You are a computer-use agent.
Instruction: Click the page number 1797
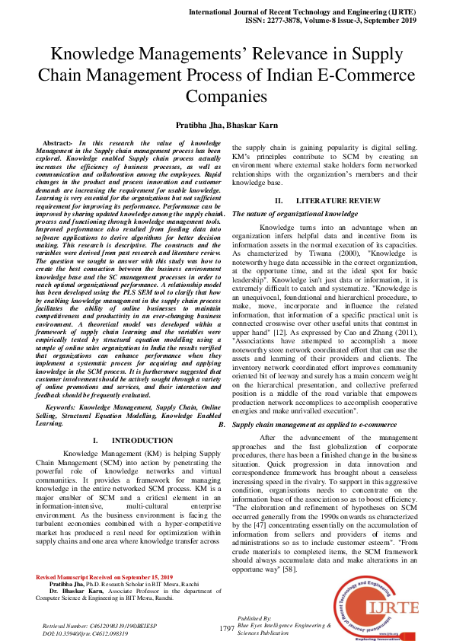tap(226, 628)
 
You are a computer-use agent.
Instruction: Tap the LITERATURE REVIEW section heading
tap(327, 200)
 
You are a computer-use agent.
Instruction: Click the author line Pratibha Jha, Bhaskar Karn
tap(226, 124)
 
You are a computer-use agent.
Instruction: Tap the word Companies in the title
tap(227, 97)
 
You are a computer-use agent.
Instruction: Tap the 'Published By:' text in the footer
tap(249, 618)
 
